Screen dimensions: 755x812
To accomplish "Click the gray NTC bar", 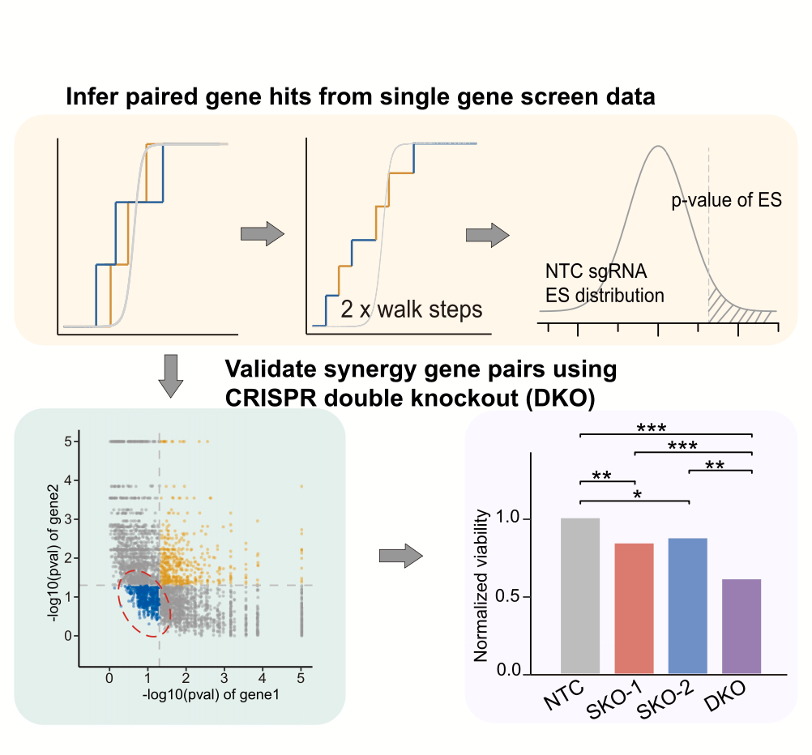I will click(x=580, y=595).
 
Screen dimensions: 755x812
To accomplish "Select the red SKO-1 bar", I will click(x=634, y=608).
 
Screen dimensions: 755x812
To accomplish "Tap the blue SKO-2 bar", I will click(x=687, y=605).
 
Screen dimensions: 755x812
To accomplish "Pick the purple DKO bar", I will click(x=741, y=625).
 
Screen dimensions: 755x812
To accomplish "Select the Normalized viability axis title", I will click(x=481, y=585).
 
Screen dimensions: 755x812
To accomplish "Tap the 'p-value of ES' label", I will click(x=726, y=200).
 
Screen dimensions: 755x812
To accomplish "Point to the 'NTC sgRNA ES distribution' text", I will click(x=604, y=284).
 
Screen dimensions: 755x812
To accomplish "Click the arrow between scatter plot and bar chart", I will click(x=401, y=556).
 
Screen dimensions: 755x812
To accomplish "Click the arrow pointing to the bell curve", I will click(x=487, y=235).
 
